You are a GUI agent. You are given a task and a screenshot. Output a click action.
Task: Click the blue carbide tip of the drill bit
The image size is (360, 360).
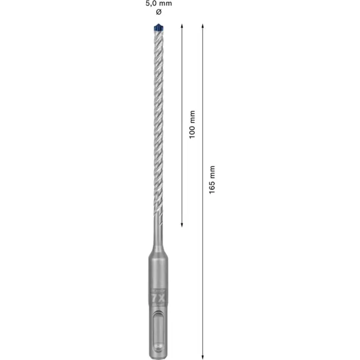(158, 27)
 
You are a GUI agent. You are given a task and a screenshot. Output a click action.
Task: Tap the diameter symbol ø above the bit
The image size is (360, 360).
(158, 11)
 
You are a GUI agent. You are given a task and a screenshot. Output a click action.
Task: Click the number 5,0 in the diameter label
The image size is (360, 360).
(150, 3)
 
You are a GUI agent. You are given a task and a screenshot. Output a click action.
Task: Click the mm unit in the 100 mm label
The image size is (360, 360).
(192, 117)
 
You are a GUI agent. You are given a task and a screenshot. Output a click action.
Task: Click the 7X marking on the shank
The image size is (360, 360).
(158, 297)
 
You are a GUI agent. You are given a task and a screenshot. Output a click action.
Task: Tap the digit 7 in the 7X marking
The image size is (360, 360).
(154, 297)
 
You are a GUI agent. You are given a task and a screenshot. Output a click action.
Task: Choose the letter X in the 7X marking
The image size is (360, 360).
(161, 297)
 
